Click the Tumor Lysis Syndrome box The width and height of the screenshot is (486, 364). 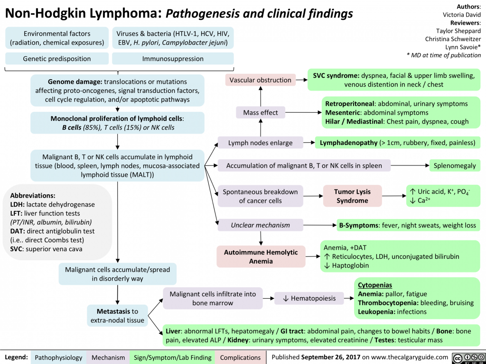point(352,196)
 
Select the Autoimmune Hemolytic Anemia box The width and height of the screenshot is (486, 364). point(261,256)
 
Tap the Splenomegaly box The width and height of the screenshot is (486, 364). point(455,165)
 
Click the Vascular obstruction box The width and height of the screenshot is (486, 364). point(260,80)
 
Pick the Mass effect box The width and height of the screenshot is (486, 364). point(260,112)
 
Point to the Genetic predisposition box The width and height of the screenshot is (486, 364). point(57,59)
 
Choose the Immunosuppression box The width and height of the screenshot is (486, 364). point(173,59)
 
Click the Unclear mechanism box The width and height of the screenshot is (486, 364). point(260,225)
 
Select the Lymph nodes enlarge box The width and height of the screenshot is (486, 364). point(260,142)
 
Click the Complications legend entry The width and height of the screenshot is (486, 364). point(240,357)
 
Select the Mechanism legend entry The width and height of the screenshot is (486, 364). point(109,357)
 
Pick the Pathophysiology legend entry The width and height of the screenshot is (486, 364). point(58,357)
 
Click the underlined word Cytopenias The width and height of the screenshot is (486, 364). point(374,285)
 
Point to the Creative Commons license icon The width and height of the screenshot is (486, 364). point(468,357)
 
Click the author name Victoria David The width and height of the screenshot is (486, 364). point(461,15)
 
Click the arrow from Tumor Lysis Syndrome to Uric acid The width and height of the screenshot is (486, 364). point(393,196)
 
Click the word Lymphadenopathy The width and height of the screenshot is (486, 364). point(348,142)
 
